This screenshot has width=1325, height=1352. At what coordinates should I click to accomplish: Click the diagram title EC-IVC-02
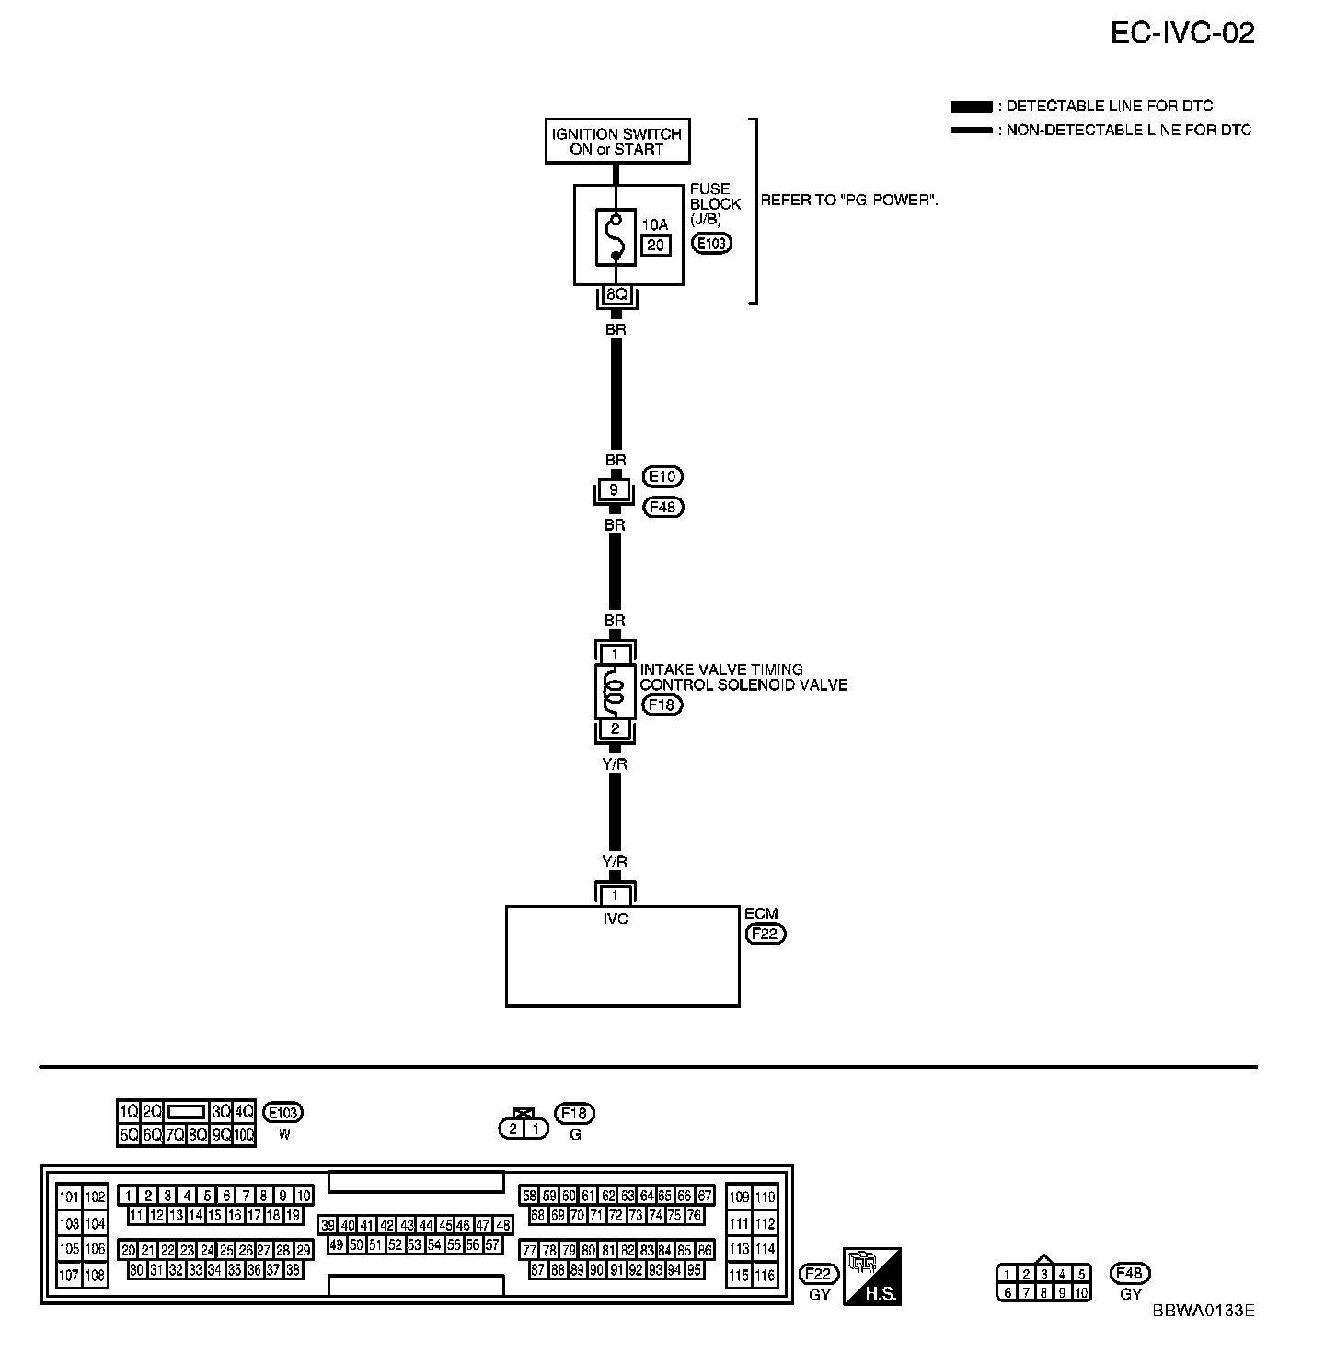coord(1181,33)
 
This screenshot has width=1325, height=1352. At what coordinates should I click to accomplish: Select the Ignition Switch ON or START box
coord(616,142)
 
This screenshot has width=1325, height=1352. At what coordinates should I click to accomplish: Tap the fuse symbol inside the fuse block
coord(615,237)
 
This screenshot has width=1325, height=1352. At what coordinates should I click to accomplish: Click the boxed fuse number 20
coord(656,245)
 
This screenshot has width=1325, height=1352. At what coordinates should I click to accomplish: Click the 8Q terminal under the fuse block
coord(615,295)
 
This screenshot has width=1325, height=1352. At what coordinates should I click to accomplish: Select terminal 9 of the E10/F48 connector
coord(615,490)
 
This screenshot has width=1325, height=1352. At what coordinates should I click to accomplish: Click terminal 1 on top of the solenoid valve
coord(615,654)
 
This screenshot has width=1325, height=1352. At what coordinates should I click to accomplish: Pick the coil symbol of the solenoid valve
coord(615,692)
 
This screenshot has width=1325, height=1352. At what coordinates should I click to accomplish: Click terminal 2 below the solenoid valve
coord(615,729)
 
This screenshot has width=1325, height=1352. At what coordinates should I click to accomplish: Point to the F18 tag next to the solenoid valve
coord(662,705)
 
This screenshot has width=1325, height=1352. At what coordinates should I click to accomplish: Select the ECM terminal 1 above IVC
coord(616,896)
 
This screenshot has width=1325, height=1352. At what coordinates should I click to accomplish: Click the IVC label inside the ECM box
coord(616,919)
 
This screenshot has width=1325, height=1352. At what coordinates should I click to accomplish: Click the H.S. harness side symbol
coord(872,1276)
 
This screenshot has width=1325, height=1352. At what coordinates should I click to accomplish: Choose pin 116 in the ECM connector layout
coord(766,1276)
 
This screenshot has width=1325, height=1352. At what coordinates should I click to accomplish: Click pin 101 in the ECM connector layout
coord(70,1197)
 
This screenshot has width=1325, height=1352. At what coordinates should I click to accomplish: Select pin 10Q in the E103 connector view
coord(244,1135)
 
